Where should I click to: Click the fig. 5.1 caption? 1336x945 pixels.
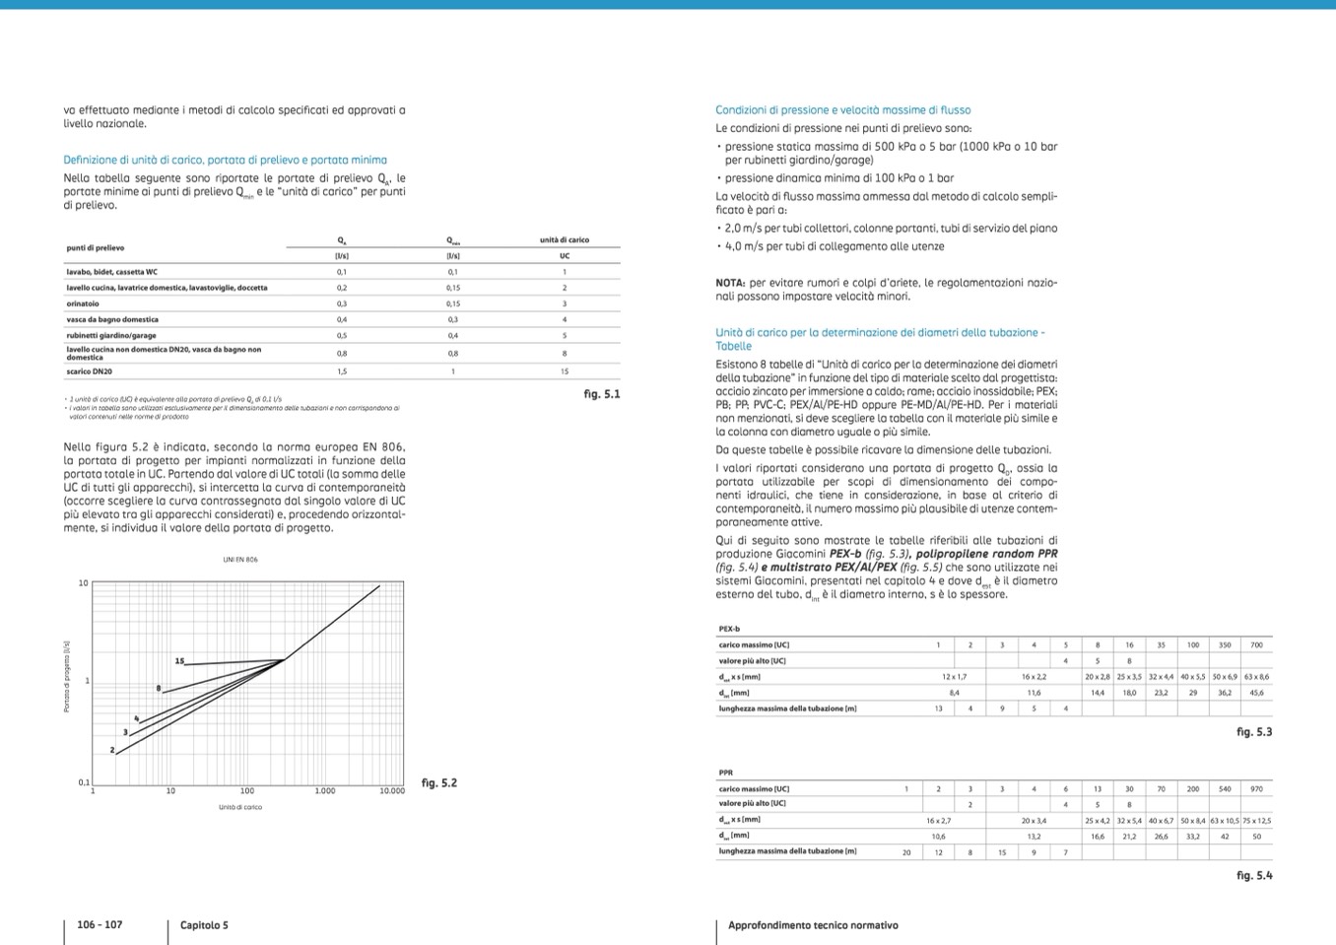point(601,394)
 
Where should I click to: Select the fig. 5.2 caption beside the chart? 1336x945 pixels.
point(438,783)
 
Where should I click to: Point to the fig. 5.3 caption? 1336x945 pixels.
point(1254,732)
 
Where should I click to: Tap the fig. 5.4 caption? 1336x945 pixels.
point(1254,875)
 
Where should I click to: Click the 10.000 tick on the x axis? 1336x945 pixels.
point(391,791)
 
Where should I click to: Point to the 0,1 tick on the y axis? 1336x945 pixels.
point(84,782)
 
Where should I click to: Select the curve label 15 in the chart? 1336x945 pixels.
point(179,661)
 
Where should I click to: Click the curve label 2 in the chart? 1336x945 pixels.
point(112,751)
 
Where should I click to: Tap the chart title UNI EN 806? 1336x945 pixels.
point(239,560)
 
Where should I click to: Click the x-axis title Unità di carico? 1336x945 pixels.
point(240,807)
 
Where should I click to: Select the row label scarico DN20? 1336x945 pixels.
point(90,371)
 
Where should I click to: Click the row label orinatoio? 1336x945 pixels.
point(83,304)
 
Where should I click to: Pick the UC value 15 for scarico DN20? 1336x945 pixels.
point(565,371)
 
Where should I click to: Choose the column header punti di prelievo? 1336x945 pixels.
point(96,248)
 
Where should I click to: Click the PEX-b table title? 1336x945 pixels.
point(729,629)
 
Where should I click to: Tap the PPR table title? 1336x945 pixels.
point(726,773)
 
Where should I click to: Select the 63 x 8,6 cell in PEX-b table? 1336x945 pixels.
point(1256,677)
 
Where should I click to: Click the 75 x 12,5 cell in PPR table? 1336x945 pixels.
point(1256,820)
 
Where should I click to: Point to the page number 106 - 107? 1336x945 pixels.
point(100,925)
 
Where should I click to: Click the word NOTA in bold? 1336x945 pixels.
point(730,283)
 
